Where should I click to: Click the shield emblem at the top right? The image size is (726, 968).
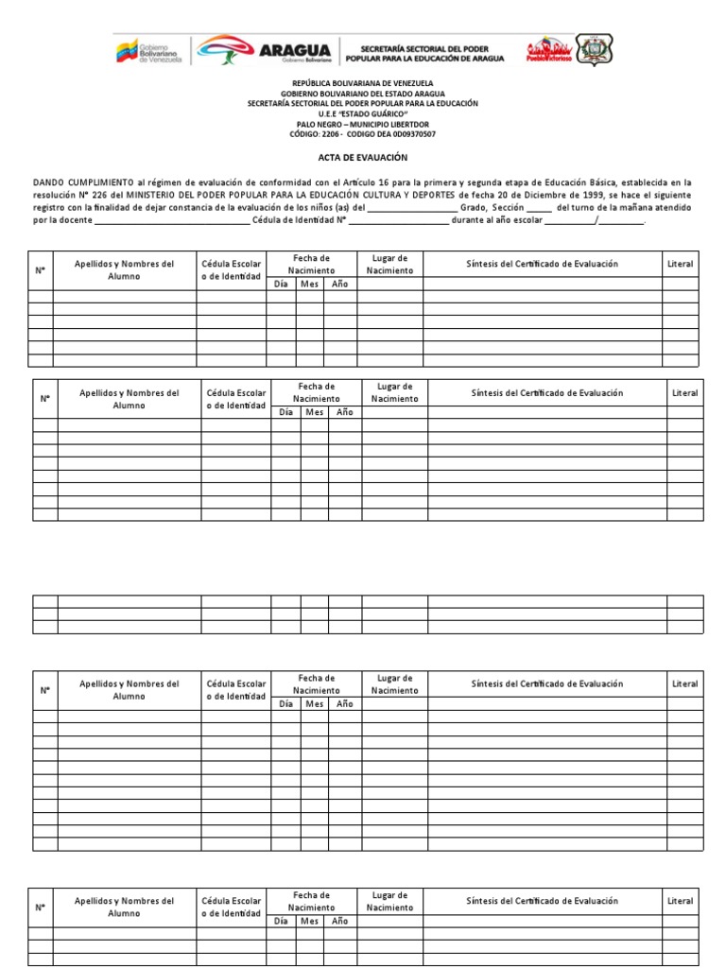pyautogui.click(x=595, y=49)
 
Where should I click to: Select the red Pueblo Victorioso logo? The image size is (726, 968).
pyautogui.click(x=549, y=50)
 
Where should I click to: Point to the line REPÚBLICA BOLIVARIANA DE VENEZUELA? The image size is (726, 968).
pyautogui.click(x=362, y=83)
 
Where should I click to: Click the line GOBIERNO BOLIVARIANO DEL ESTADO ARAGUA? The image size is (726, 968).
pyautogui.click(x=362, y=94)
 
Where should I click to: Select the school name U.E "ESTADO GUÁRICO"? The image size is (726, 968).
pyautogui.click(x=362, y=113)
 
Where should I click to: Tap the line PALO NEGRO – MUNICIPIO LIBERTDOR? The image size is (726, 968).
pyautogui.click(x=362, y=124)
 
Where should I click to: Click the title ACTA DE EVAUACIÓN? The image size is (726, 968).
pyautogui.click(x=362, y=158)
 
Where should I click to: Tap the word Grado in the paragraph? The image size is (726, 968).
pyautogui.click(x=474, y=207)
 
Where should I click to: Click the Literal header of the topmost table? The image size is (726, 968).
pyautogui.click(x=680, y=264)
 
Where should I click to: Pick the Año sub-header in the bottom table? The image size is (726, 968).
pyautogui.click(x=339, y=921)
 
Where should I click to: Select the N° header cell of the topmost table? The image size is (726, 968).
pyautogui.click(x=41, y=270)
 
